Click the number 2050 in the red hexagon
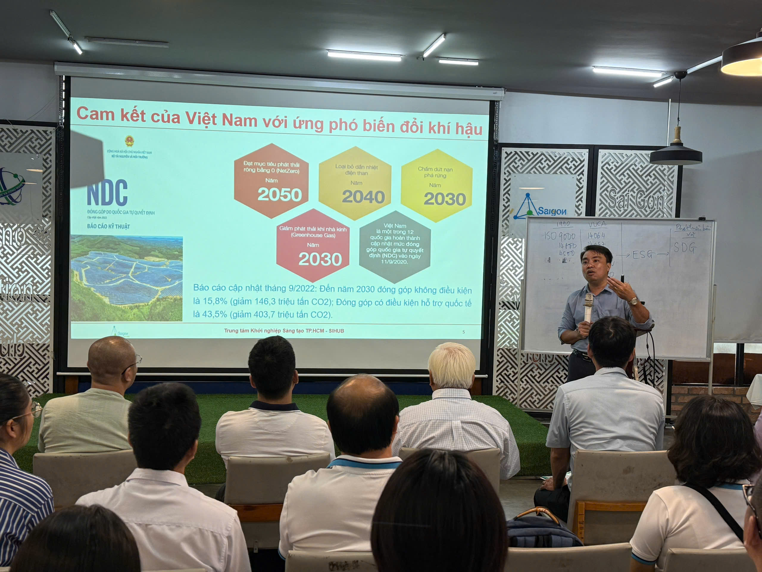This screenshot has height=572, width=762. [x=279, y=195]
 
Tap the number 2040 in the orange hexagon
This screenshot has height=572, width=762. [x=363, y=197]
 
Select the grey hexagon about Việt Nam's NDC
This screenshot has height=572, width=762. [x=395, y=246]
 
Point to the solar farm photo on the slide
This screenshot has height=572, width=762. [x=127, y=278]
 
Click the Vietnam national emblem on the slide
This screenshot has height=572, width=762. [x=129, y=141]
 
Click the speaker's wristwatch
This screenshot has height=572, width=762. [x=633, y=301]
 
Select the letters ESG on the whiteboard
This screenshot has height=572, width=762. [x=642, y=255]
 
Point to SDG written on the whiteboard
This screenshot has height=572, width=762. [x=685, y=248]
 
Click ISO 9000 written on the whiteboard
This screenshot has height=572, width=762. [x=560, y=236]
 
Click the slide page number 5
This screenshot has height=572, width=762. [x=463, y=332]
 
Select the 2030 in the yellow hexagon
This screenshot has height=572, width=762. [x=445, y=199]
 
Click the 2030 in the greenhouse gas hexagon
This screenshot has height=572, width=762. [x=320, y=259]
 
